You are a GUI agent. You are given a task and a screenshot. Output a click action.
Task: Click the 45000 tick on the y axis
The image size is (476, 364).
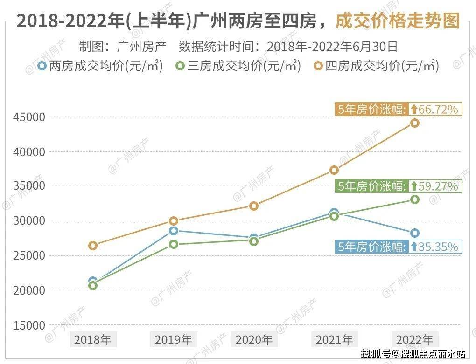(29, 117)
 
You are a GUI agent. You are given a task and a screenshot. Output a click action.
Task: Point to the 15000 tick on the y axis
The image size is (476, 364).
(29, 325)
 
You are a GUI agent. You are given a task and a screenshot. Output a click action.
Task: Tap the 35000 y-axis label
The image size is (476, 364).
(29, 186)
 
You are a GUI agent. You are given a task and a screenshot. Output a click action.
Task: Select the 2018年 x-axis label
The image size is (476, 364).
(92, 339)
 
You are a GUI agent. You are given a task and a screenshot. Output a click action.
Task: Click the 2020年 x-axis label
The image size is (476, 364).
(253, 339)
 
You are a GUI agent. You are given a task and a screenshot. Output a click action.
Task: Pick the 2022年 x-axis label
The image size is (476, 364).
(414, 339)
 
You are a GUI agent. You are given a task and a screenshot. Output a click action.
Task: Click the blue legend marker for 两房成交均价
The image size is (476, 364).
(42, 66)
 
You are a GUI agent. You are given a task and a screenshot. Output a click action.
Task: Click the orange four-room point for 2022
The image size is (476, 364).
(414, 123)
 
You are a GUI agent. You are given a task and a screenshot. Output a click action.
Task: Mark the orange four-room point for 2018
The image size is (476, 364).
(93, 246)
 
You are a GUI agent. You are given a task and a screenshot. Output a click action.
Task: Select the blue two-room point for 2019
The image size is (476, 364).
(173, 231)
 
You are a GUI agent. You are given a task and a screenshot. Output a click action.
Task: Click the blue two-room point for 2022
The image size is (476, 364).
(414, 233)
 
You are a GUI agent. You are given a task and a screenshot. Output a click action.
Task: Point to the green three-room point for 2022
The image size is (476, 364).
(414, 199)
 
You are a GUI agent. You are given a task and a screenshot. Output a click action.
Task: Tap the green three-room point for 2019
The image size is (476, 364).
(173, 244)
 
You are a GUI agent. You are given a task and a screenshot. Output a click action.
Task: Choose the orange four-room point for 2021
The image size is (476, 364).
(334, 170)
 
